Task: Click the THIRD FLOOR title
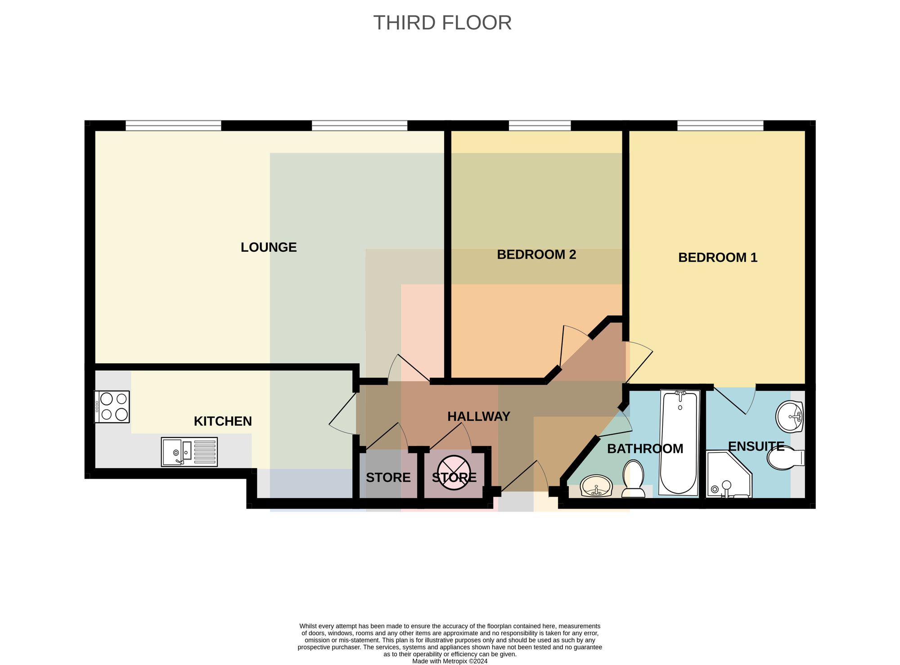point(442,23)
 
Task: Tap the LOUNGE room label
point(269,247)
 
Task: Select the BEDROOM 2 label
point(536,254)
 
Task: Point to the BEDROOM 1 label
point(718,258)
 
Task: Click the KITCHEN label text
point(223,421)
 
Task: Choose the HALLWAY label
point(479,416)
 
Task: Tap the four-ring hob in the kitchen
point(112,407)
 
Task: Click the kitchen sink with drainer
point(189,452)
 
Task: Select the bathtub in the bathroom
point(679,443)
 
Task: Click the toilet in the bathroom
point(633,479)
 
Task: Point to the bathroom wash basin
point(596,486)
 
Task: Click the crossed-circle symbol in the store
point(454,473)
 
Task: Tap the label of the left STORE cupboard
point(388,478)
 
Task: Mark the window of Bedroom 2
point(540,125)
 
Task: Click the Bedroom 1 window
point(720,125)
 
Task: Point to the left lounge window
point(173,125)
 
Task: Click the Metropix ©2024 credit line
point(450,661)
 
